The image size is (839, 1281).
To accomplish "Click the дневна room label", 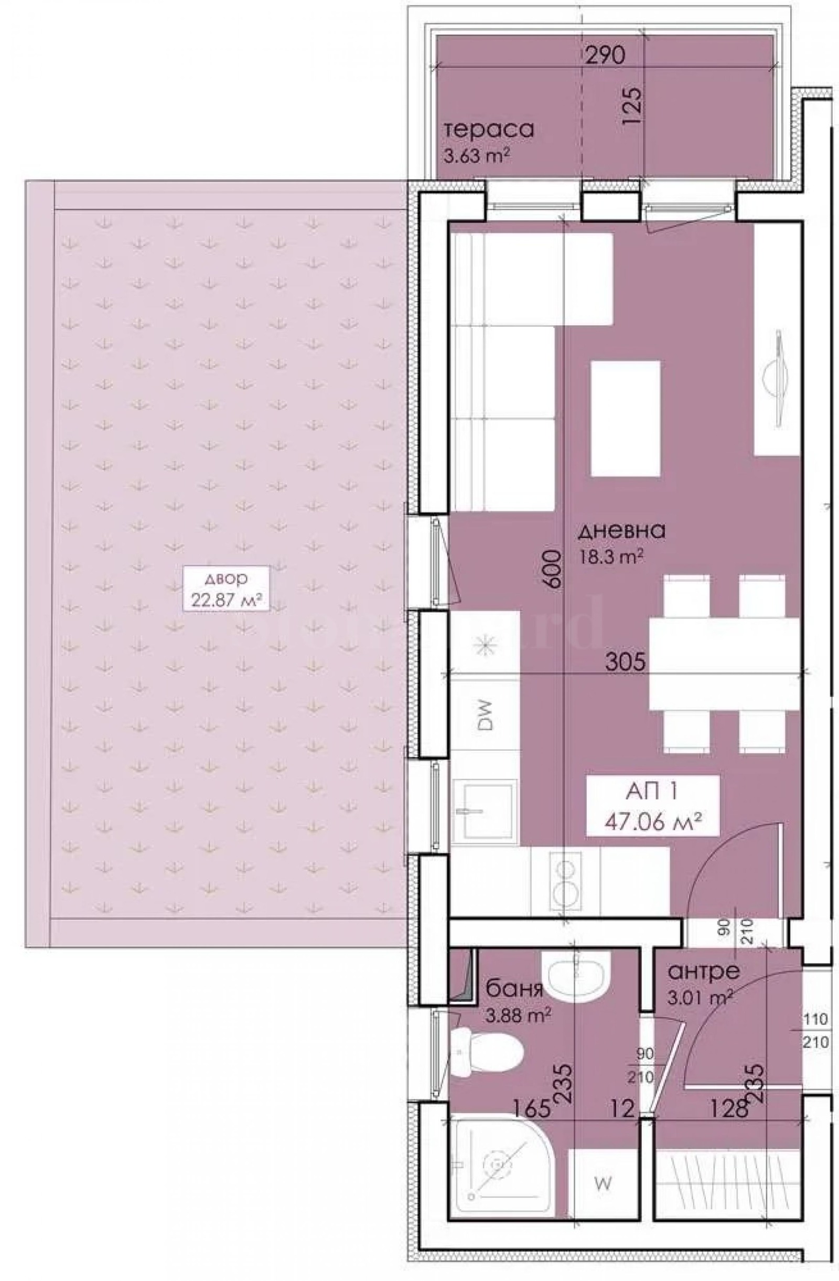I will (x=621, y=531).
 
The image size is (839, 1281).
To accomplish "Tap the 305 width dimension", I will (x=625, y=661).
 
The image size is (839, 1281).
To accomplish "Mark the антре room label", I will (x=703, y=972).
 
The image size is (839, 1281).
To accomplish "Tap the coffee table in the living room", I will (x=625, y=418).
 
